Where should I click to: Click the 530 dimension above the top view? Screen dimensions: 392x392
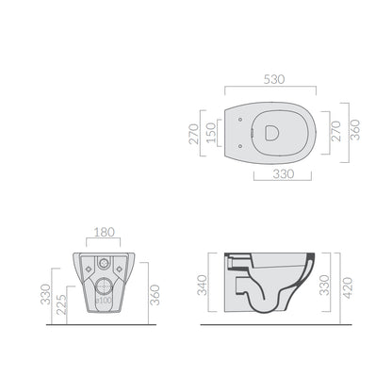tap(274, 79)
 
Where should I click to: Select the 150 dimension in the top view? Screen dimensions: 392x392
tap(211, 133)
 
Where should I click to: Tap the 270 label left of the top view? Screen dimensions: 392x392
tap(194, 134)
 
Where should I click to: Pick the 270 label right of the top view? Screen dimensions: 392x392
tap(335, 131)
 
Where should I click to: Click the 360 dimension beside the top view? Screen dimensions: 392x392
tap(355, 130)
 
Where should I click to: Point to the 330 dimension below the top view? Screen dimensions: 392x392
tap(284, 173)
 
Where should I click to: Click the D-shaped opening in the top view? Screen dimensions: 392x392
tap(271, 133)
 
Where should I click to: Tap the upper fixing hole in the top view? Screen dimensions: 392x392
tap(240, 120)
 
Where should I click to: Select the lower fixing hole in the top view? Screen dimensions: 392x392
tap(240, 146)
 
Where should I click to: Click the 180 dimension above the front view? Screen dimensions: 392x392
tap(105, 232)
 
